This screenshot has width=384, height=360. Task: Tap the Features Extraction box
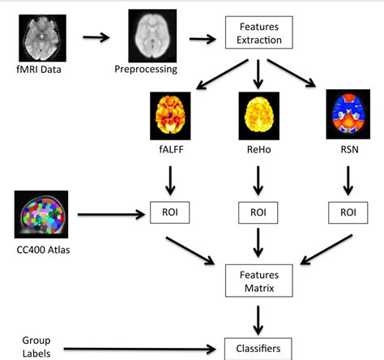(258, 34)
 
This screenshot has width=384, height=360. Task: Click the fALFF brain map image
(169, 115)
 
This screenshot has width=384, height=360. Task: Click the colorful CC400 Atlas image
(41, 214)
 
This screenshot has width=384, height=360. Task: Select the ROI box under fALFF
(170, 214)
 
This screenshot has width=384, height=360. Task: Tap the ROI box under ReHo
(258, 214)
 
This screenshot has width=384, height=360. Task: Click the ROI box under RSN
(348, 214)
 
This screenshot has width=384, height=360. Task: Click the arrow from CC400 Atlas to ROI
(109, 215)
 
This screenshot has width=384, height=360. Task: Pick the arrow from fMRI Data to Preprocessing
(96, 37)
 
